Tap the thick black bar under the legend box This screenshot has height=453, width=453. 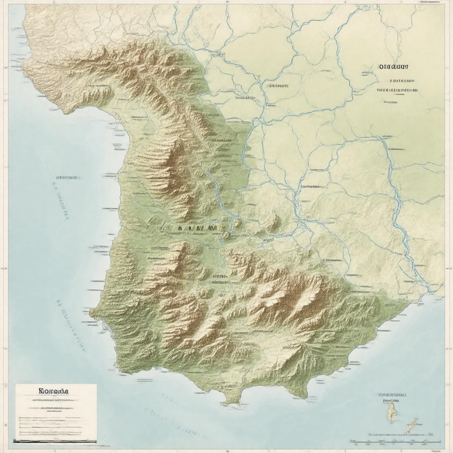coord(55,441)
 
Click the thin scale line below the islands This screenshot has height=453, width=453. coord(395,441)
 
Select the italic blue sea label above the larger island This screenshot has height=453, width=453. coord(392,393)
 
